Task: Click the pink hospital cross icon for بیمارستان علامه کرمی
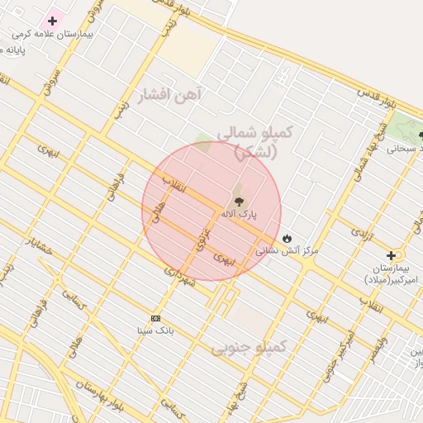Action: [x=53, y=20]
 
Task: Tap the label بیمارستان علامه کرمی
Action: [x=52, y=36]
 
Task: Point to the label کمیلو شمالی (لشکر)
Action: [x=255, y=141]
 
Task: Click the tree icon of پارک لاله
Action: [x=240, y=200]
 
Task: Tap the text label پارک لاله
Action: [x=239, y=214]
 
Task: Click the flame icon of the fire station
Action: [x=287, y=238]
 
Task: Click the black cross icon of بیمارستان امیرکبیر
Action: [x=391, y=256]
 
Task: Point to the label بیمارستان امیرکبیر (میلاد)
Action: [x=392, y=274]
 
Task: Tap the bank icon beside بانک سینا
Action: [x=155, y=318]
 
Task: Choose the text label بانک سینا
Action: [x=155, y=330]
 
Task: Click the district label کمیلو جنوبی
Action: [x=249, y=348]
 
